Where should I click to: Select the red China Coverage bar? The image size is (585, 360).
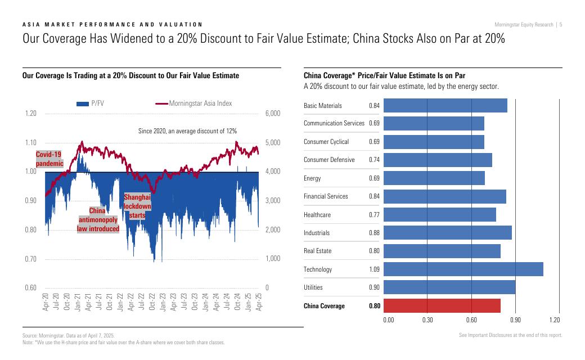(x=442, y=306)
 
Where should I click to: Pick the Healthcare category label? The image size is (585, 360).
(x=317, y=215)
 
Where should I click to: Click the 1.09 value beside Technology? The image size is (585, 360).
(x=375, y=269)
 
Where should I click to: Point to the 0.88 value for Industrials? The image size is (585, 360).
(x=375, y=233)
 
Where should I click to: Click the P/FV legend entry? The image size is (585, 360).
(x=91, y=103)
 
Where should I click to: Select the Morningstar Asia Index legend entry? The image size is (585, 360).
(x=193, y=103)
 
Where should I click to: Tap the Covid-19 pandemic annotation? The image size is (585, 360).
(x=48, y=158)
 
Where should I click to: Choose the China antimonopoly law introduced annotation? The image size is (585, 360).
(x=98, y=219)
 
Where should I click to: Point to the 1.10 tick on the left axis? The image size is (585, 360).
(x=31, y=143)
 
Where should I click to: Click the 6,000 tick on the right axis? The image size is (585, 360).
(x=272, y=114)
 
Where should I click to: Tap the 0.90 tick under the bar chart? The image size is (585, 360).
(x=515, y=320)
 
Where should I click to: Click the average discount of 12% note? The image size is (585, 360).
(x=187, y=131)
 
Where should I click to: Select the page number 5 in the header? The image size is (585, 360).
(x=561, y=24)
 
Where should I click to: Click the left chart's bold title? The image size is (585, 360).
(x=130, y=75)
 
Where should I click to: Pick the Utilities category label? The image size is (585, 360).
(x=313, y=287)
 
